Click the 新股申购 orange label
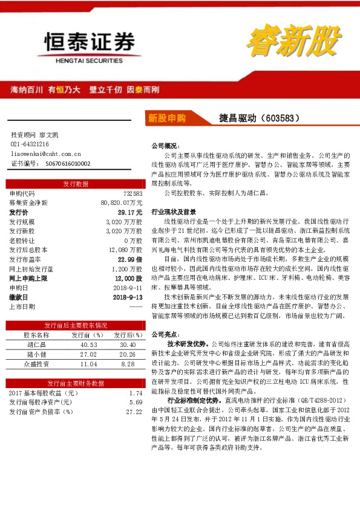coord(167,118)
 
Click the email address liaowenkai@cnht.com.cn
coord(45,154)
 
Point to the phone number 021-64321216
coord(30,144)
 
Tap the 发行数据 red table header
coord(76,184)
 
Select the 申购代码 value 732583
coord(133,193)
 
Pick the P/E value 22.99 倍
coord(129,259)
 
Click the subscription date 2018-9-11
coord(128,288)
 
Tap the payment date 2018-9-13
coord(128,297)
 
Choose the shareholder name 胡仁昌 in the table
coord(36,345)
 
